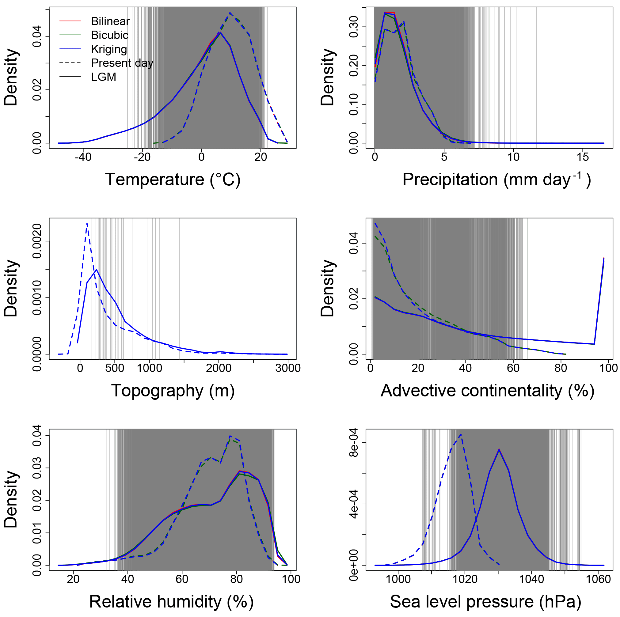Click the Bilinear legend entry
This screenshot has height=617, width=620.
click(x=110, y=21)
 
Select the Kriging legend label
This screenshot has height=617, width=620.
click(x=109, y=49)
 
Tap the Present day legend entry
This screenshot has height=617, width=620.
click(x=122, y=63)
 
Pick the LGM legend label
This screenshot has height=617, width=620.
click(x=103, y=77)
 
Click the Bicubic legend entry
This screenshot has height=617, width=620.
click(x=109, y=35)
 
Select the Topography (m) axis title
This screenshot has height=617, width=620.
click(x=173, y=391)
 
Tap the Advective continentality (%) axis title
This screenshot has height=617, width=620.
click(x=488, y=391)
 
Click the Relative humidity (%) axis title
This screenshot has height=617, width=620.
click(x=171, y=602)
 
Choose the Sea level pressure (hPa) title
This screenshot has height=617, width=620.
click(x=485, y=602)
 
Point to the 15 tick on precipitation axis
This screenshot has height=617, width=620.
click(x=582, y=157)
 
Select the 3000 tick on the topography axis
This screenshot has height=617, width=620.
click(x=288, y=368)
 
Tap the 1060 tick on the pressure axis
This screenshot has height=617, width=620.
click(x=598, y=579)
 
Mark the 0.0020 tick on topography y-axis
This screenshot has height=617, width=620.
click(x=37, y=241)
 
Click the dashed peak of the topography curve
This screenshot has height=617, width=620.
click(x=87, y=223)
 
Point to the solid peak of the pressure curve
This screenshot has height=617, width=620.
click(x=499, y=449)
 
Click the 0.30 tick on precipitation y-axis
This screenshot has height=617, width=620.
click(x=354, y=27)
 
